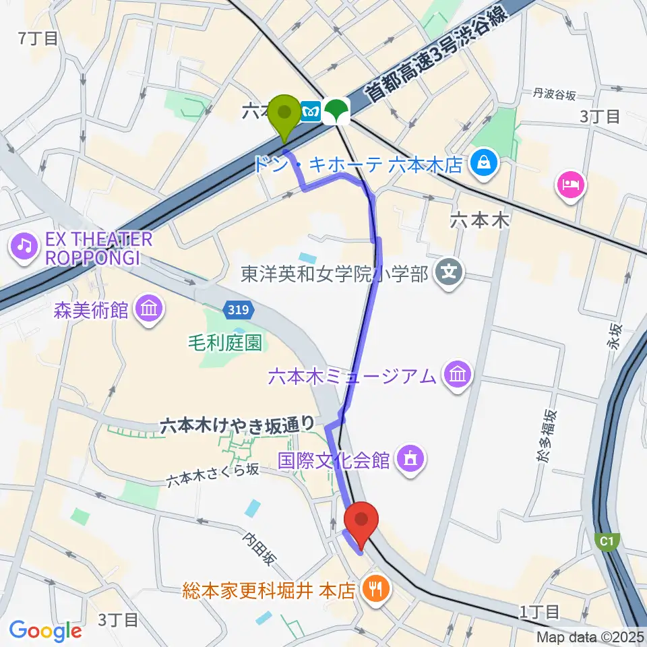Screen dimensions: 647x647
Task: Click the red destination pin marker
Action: tap(362, 520)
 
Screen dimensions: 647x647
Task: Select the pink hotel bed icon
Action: tap(570, 184)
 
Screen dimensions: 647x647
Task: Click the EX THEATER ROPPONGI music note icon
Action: tap(25, 245)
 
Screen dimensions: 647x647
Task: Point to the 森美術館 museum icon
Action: tap(149, 309)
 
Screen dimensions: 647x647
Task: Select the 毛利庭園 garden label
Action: tap(225, 343)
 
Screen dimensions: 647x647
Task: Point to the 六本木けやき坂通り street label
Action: tap(237, 424)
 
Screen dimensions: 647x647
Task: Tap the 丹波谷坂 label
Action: tap(555, 95)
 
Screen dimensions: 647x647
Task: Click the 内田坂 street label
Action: tap(259, 549)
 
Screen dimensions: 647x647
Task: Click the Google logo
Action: tap(46, 631)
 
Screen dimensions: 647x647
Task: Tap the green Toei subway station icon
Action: tap(335, 111)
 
